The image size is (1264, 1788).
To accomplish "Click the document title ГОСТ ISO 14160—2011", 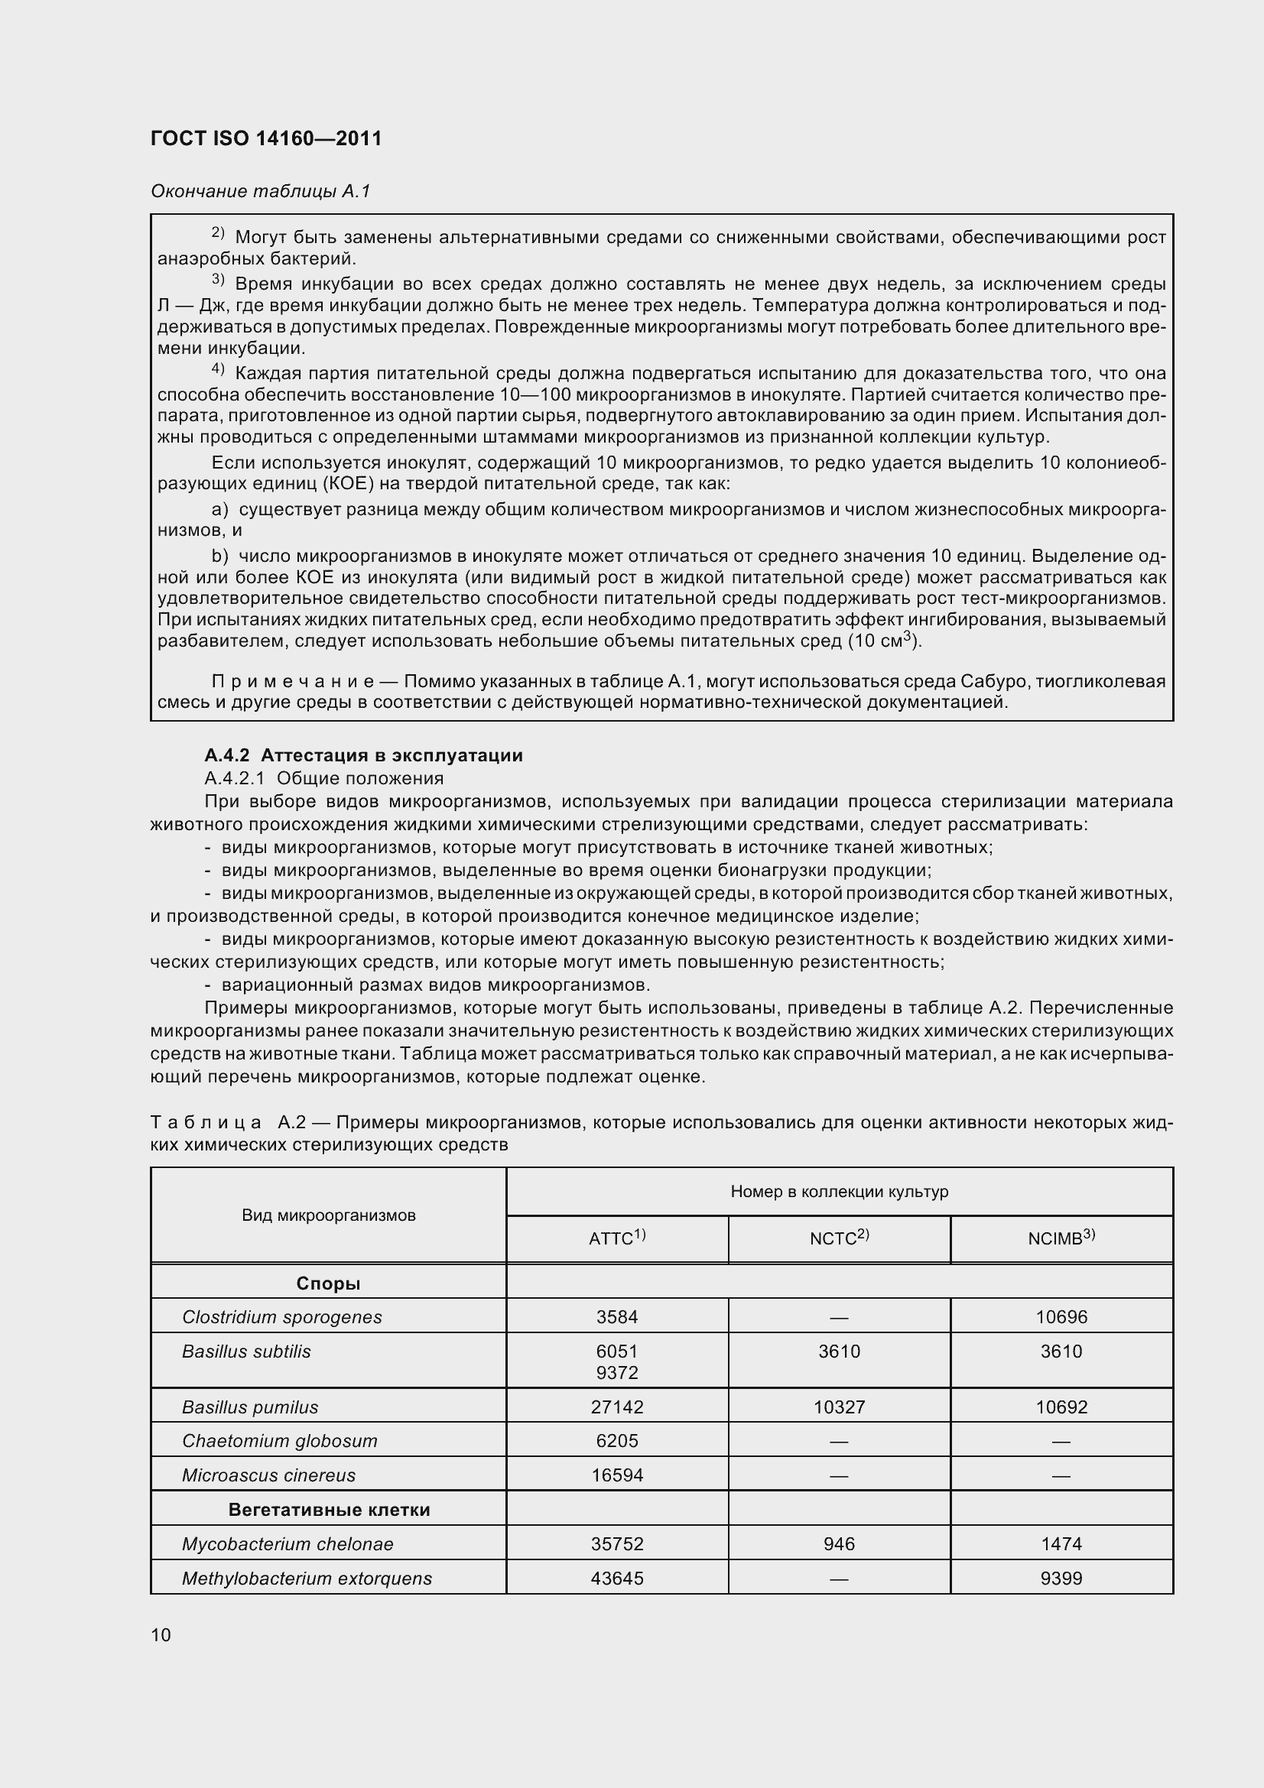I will (265, 138).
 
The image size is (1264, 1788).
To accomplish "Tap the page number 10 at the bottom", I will (161, 1634).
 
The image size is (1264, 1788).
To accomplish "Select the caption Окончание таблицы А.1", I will (260, 191).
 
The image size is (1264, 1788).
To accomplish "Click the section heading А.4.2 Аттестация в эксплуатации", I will (364, 754).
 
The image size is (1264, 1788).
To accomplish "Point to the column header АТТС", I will (617, 1238).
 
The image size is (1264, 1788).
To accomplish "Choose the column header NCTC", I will (839, 1238).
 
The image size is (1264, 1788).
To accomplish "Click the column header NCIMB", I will (1061, 1238).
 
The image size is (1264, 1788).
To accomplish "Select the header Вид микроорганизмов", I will (329, 1215).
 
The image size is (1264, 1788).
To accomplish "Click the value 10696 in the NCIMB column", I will (1061, 1317).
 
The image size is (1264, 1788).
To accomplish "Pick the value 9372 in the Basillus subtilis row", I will (617, 1372).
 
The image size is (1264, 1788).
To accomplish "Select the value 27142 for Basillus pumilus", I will (617, 1407).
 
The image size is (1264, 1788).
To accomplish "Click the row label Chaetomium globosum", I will (280, 1441).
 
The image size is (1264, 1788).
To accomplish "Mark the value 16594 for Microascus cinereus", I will (617, 1475).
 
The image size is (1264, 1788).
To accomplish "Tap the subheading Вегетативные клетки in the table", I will (329, 1509).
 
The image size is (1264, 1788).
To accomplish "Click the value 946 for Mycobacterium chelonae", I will (839, 1543).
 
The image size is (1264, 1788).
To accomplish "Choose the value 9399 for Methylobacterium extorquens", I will (1061, 1579).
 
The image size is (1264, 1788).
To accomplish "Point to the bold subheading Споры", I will (329, 1283).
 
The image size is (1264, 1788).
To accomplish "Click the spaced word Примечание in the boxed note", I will (293, 681).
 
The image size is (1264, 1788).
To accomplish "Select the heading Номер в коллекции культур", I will (839, 1192).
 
